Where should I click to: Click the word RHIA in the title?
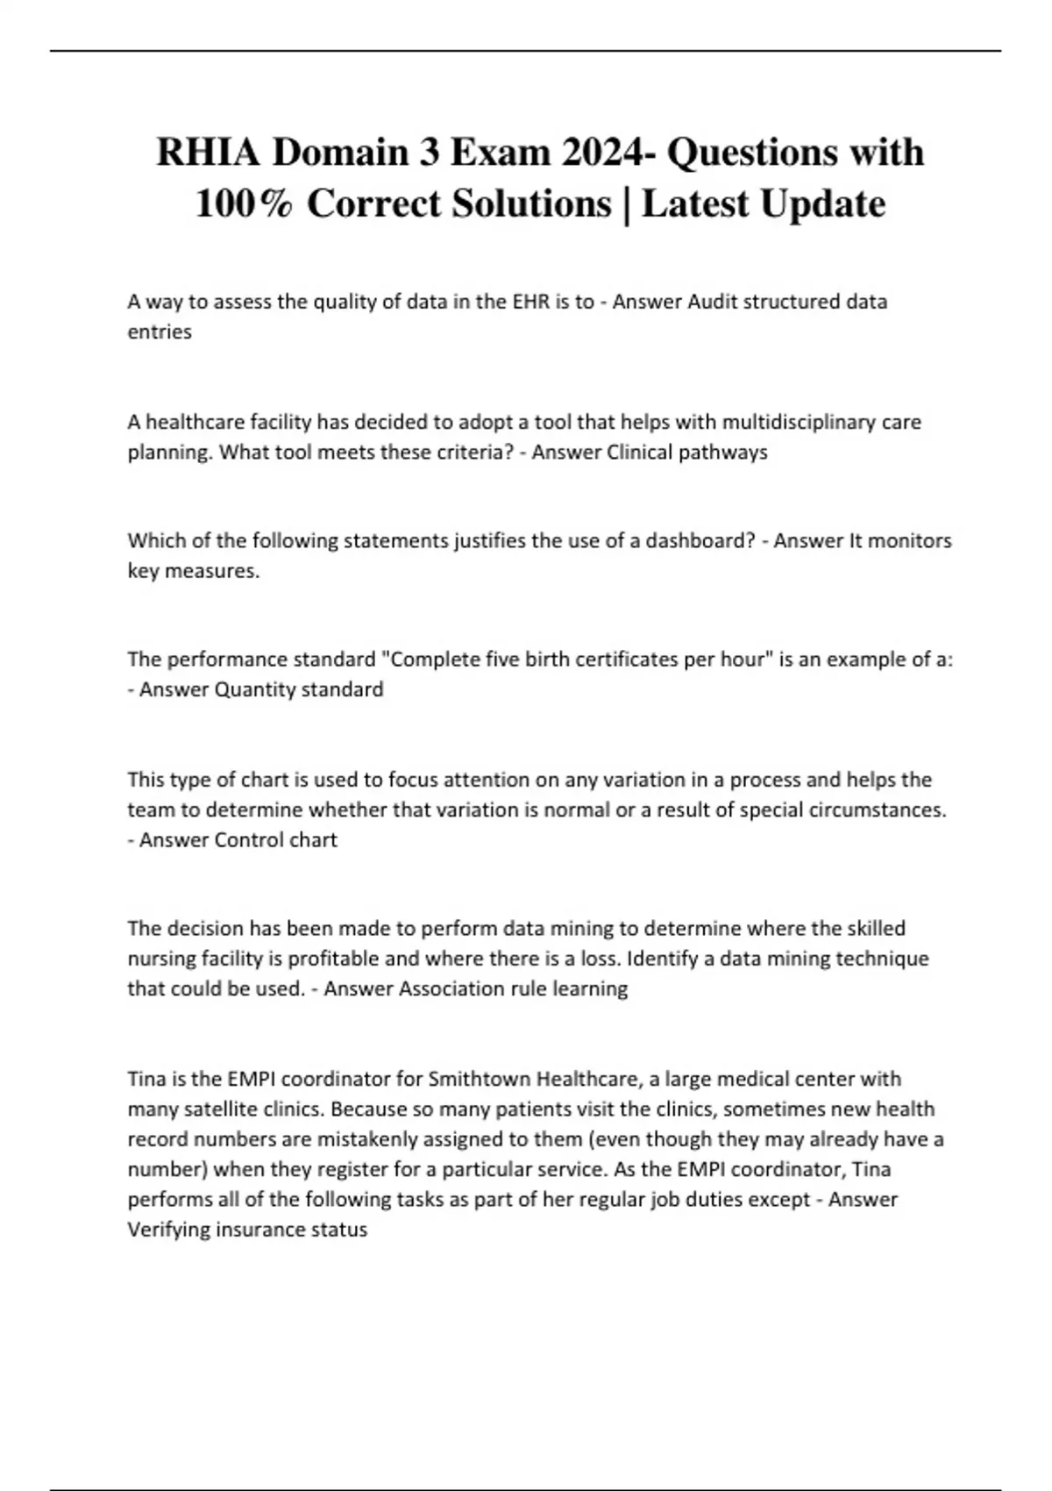pyautogui.click(x=208, y=153)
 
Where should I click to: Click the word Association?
pyautogui.click(x=450, y=989)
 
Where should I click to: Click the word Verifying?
pyautogui.click(x=168, y=1230)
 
